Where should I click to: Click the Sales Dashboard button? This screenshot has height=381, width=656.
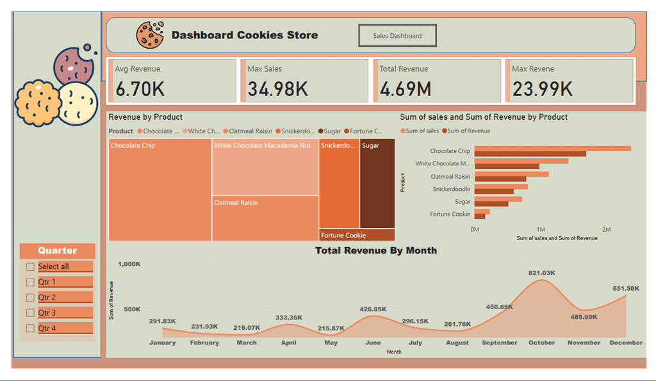397,36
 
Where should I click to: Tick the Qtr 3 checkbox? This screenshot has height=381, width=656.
30,313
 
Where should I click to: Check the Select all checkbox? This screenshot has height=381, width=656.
30,267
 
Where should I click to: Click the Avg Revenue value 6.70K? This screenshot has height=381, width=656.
140,89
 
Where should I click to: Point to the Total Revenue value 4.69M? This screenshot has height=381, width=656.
406,89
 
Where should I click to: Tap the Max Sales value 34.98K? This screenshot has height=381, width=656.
277,89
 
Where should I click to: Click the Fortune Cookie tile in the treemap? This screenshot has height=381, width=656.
357,235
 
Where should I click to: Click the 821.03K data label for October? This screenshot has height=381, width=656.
541,273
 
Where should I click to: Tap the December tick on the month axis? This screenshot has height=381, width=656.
626,343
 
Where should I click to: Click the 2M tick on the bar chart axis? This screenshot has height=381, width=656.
607,229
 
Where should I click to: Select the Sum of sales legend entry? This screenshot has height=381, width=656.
422,131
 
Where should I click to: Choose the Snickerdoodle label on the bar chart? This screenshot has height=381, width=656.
451,189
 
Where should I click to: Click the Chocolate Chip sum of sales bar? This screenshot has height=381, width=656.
552,149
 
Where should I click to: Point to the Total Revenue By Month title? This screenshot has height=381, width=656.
376,250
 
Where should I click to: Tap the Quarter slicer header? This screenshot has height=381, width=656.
57,251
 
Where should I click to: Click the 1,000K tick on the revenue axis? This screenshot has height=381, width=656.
129,264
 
